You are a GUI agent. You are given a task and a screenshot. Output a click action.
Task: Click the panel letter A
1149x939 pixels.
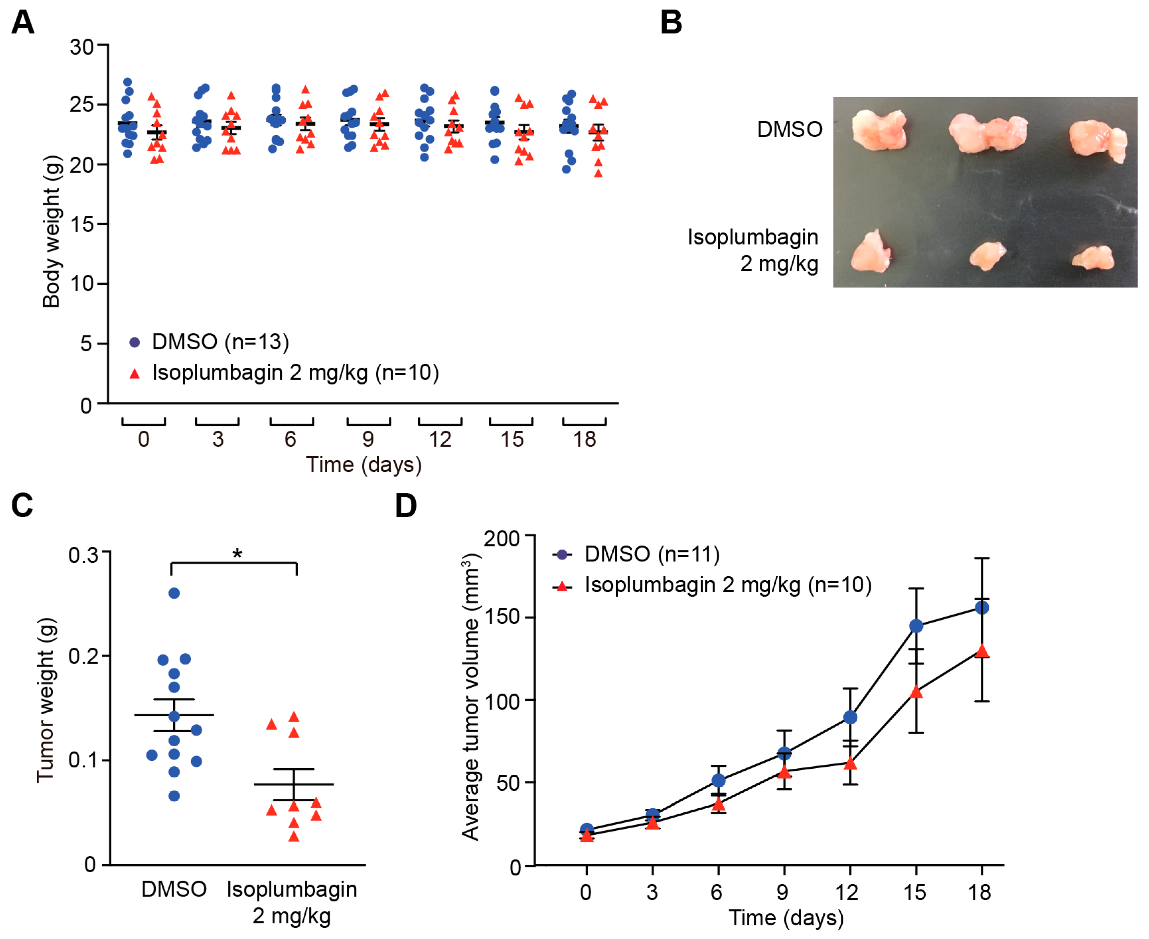[23, 23]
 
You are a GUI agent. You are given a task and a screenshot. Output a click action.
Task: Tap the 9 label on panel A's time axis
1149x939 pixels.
[368, 439]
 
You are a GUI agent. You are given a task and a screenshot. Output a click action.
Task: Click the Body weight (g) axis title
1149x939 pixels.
[51, 232]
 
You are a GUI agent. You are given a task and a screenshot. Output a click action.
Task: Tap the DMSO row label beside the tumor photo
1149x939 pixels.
[790, 130]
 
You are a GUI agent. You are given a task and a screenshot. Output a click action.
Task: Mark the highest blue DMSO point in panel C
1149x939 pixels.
[174, 593]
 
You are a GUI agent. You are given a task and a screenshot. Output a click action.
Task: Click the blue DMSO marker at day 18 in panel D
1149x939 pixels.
[982, 608]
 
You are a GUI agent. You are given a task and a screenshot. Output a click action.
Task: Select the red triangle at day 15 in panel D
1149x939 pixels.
[916, 692]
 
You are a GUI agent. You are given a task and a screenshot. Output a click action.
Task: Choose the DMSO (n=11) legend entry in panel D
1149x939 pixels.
[636, 554]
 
